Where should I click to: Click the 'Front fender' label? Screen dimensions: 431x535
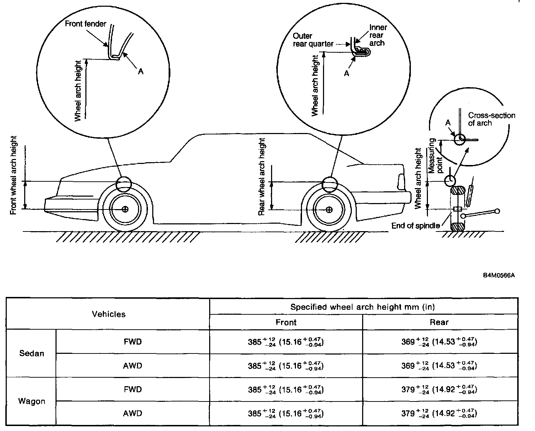click(x=85, y=24)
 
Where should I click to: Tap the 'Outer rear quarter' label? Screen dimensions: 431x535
click(x=313, y=40)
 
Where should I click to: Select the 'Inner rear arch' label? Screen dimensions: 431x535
click(x=377, y=35)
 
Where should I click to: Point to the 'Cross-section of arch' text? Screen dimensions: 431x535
click(x=491, y=119)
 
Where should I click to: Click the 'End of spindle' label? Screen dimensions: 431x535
click(x=415, y=225)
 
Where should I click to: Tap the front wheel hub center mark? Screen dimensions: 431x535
click(x=125, y=209)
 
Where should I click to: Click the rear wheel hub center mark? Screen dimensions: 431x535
click(x=329, y=209)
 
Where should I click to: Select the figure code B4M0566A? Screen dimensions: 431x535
click(x=499, y=275)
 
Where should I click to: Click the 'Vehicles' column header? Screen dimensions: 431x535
click(x=108, y=314)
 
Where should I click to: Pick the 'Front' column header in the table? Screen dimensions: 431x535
click(x=286, y=322)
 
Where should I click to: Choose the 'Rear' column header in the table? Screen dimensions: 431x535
click(x=439, y=322)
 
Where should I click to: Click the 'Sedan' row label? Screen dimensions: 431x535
click(x=31, y=353)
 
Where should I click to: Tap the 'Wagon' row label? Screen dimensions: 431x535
click(x=31, y=401)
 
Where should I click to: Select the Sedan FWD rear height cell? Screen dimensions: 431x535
click(x=439, y=342)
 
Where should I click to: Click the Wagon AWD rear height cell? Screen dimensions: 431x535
click(x=439, y=414)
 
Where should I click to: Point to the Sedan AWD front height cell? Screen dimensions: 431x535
click(x=286, y=366)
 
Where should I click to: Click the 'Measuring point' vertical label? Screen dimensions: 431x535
click(x=436, y=155)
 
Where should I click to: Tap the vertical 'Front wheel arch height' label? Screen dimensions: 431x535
click(x=14, y=175)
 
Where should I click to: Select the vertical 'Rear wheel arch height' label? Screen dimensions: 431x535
click(x=261, y=177)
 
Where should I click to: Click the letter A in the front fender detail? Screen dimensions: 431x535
click(x=141, y=71)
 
